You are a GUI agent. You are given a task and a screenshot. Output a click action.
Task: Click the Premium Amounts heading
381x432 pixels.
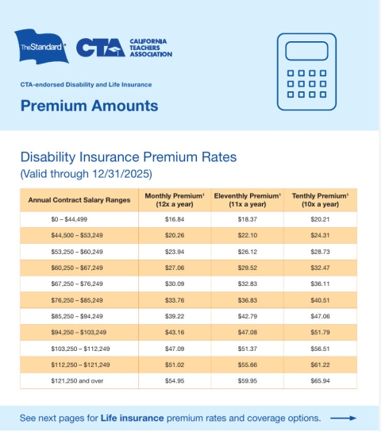(x=89, y=106)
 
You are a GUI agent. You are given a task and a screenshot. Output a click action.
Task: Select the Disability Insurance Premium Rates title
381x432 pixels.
(x=128, y=157)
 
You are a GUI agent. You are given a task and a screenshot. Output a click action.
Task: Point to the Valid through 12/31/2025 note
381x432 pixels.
(x=85, y=173)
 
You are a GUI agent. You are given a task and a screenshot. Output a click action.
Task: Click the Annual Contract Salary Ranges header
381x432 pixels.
(x=78, y=200)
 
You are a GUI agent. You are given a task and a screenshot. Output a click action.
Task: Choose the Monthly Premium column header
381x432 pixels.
(x=174, y=199)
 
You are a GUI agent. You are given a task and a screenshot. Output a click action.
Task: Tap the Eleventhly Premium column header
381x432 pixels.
(x=247, y=199)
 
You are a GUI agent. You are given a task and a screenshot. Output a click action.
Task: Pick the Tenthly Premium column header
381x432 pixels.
(x=320, y=199)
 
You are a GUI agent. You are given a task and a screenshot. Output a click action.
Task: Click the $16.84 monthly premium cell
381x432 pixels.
(x=175, y=218)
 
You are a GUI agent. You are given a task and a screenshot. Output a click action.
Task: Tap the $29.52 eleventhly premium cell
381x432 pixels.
(x=247, y=268)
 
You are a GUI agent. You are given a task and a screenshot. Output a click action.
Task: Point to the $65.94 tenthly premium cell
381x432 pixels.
(x=320, y=381)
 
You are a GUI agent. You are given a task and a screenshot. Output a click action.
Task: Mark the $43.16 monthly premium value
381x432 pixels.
(x=175, y=332)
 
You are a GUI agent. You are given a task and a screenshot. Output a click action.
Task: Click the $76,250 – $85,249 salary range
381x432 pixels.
(x=77, y=299)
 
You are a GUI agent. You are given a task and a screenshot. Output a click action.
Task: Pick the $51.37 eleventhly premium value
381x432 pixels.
(x=247, y=349)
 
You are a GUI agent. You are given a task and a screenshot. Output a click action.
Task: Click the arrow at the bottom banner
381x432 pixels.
(x=343, y=418)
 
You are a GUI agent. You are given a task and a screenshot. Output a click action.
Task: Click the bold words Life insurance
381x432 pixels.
(x=133, y=418)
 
